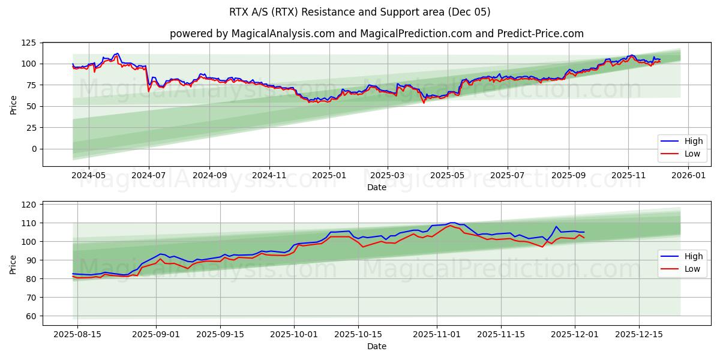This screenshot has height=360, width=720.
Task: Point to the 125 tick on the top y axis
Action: [x=29, y=43]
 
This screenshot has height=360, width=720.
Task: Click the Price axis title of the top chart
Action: [x=14, y=105]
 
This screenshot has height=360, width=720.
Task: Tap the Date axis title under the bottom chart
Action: [x=377, y=346]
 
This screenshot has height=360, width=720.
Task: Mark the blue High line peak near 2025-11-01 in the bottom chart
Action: [x=452, y=223]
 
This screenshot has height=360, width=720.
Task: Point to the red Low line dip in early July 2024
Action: [x=149, y=91]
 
